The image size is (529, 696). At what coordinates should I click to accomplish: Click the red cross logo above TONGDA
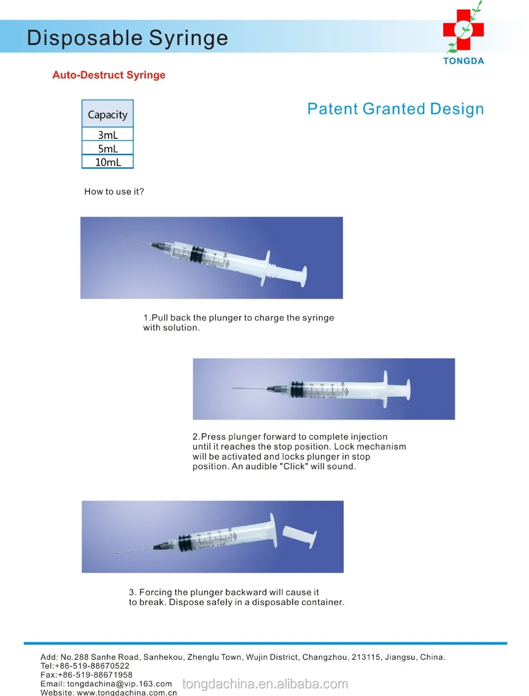coord(463,30)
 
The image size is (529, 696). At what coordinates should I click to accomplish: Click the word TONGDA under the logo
coord(463,61)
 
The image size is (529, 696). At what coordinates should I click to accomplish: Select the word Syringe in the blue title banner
coord(188,38)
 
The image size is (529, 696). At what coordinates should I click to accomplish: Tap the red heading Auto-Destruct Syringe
coord(109,75)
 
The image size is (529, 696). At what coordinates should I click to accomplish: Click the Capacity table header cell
coord(107,114)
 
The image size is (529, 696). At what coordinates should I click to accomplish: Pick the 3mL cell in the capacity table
coord(107,135)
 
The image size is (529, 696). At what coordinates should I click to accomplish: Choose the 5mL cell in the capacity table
coord(107,149)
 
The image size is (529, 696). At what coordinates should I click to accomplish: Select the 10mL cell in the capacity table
coord(107,162)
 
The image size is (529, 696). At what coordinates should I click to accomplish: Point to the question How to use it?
coord(114,192)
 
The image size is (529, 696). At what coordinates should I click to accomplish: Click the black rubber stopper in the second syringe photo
coord(297,389)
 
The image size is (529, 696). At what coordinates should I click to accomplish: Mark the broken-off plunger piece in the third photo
coord(300,535)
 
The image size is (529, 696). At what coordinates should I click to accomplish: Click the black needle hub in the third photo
coord(160,546)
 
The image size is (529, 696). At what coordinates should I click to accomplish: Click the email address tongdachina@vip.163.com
coord(120,684)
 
